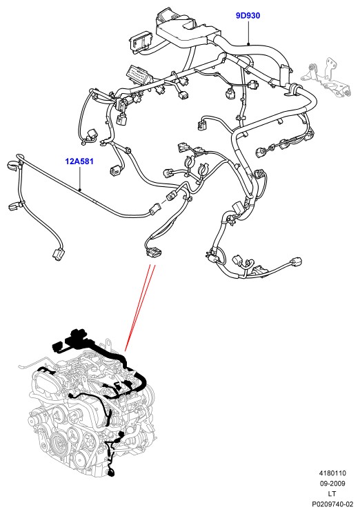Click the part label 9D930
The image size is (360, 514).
click(x=248, y=15)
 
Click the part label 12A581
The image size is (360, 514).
click(x=79, y=161)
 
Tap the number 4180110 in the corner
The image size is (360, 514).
click(x=332, y=473)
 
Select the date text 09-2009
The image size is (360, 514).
click(x=332, y=483)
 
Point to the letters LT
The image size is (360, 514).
click(x=332, y=493)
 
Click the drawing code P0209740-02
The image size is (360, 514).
click(x=332, y=504)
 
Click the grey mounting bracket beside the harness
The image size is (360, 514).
click(x=327, y=77)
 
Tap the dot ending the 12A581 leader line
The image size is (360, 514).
click(x=80, y=190)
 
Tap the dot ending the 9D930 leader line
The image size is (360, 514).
click(x=248, y=43)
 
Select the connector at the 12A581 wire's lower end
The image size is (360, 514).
click(x=58, y=255)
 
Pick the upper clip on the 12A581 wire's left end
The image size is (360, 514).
click(x=12, y=164)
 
